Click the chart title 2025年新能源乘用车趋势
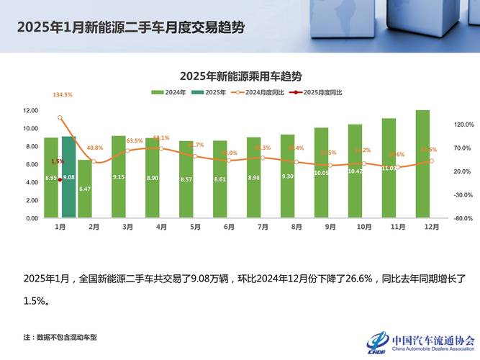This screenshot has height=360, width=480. click(240, 76)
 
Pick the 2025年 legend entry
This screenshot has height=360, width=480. click(209, 92)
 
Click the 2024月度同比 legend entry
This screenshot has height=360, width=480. click(256, 92)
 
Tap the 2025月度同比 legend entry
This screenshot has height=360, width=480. click(314, 92)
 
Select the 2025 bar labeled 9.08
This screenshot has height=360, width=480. click(68, 177)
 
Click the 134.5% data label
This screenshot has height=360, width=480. click(63, 95)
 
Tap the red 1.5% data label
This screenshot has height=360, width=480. click(58, 161)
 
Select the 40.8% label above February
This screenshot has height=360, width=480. click(94, 148)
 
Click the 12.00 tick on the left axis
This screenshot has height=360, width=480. click(30, 111)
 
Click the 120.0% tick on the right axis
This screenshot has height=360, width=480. click(462, 125)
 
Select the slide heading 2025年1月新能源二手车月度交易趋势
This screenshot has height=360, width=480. click(130, 28)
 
